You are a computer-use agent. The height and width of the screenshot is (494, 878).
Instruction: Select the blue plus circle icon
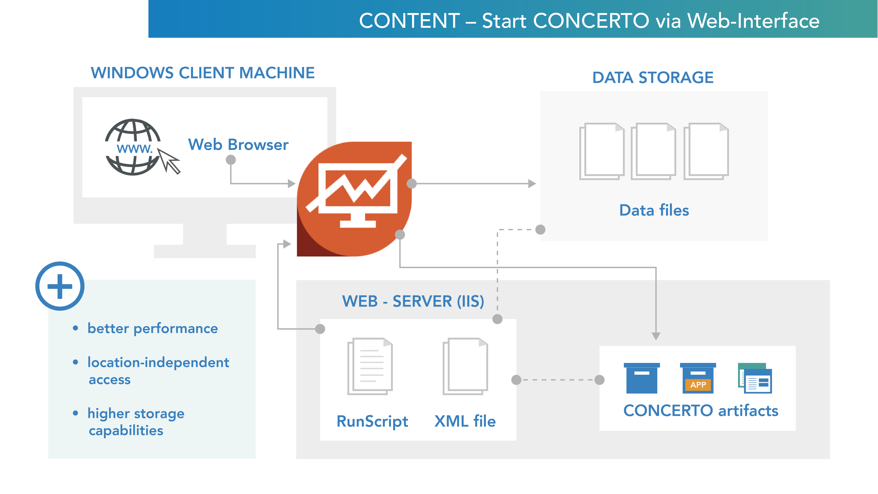pyautogui.click(x=60, y=286)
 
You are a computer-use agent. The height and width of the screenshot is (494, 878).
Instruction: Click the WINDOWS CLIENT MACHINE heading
pyautogui.click(x=202, y=73)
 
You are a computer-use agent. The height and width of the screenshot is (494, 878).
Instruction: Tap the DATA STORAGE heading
pyautogui.click(x=653, y=78)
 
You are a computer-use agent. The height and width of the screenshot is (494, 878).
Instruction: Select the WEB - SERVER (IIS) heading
pyautogui.click(x=413, y=301)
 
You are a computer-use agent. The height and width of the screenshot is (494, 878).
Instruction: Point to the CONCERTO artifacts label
pyautogui.click(x=701, y=411)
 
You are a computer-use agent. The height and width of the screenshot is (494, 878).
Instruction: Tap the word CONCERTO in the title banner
pyautogui.click(x=591, y=21)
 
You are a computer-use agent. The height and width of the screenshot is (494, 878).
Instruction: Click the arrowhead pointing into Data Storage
pyautogui.click(x=532, y=184)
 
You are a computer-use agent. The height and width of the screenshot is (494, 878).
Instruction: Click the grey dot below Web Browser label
pyautogui.click(x=231, y=160)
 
